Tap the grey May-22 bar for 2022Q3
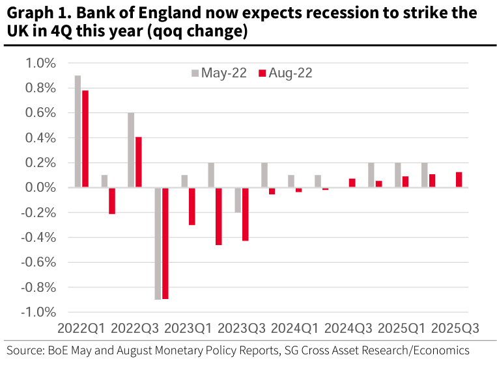[x=131, y=150]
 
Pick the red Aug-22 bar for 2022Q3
[x=139, y=163]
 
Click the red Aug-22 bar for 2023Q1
[x=192, y=206]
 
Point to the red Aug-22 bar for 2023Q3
[x=246, y=214]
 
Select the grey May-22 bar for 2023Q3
[x=238, y=200]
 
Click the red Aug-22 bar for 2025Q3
[x=459, y=179]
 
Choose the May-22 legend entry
[x=218, y=73]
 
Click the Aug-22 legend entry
[x=285, y=73]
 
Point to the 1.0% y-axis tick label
[x=41, y=63]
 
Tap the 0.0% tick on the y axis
[x=41, y=188]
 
